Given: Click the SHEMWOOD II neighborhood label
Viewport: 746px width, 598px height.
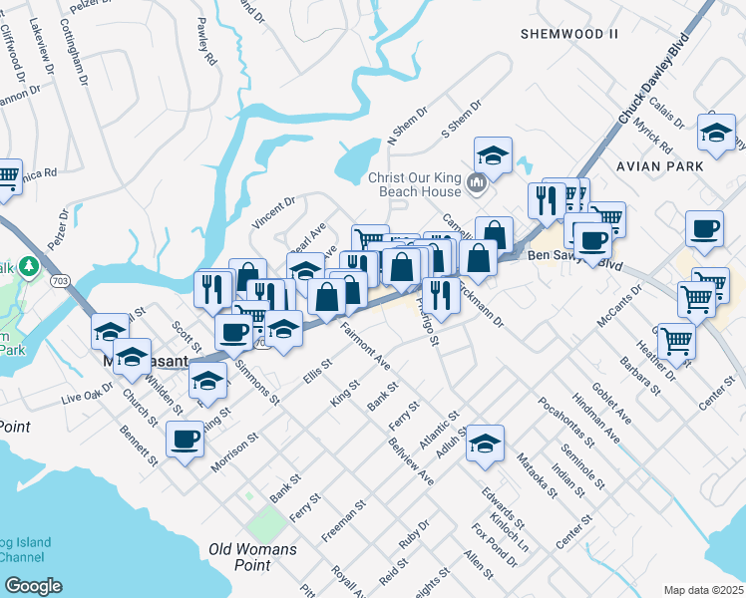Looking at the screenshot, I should point(569,34).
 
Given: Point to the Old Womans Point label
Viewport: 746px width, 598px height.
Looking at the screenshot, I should point(252,557).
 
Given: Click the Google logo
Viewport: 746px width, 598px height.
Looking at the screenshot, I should point(33,585).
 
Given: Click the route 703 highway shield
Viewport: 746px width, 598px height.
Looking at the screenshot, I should point(59,280).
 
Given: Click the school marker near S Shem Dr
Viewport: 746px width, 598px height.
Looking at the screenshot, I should point(493,154).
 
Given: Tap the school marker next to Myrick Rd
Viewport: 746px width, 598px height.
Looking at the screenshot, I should point(716,132).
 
